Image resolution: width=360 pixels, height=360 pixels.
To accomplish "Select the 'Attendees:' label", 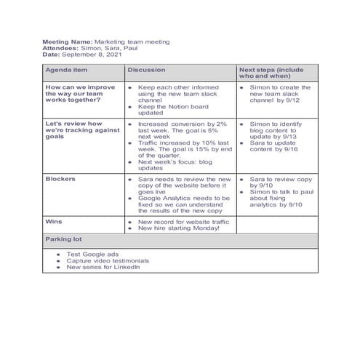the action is pyautogui.click(x=61, y=48).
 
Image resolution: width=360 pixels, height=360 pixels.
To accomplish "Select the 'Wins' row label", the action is pyautogui.click(x=53, y=220).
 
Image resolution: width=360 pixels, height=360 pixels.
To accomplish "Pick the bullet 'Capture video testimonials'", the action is pyautogui.click(x=108, y=260).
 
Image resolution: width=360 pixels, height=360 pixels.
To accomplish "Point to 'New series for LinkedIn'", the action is pyautogui.click(x=102, y=267).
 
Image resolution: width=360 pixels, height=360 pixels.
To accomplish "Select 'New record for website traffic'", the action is pyautogui.click(x=183, y=221).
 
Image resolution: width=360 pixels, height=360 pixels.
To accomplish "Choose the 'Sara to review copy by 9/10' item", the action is pyautogui.click(x=280, y=181).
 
